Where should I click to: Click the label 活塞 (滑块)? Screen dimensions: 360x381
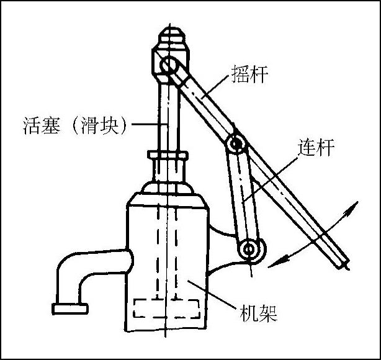point(74,126)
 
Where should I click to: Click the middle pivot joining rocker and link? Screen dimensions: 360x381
point(235,145)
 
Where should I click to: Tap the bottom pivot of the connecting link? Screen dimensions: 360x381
point(250,250)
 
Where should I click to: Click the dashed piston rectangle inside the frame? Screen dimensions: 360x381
point(166,308)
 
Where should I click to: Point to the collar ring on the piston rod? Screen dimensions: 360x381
point(167,155)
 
